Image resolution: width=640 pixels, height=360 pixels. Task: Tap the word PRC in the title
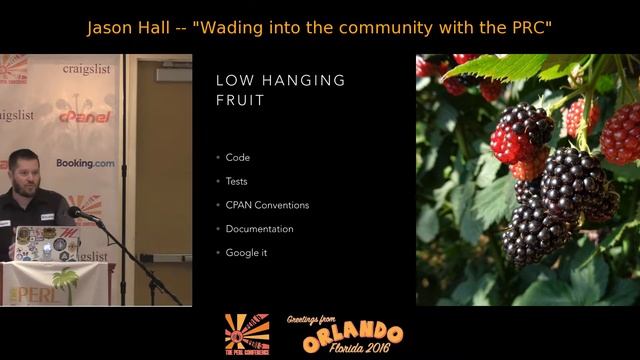[526, 27]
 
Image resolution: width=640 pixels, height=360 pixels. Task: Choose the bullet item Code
[238, 157]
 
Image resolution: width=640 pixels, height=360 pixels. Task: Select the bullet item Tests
[237, 181]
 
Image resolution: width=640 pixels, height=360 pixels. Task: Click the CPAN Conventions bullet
[267, 205]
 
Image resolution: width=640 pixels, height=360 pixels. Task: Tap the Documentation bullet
[259, 229]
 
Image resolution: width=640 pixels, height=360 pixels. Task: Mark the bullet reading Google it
[246, 253]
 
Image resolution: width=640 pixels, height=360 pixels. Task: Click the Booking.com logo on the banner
[85, 163]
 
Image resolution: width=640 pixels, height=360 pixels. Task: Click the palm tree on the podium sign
[66, 282]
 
